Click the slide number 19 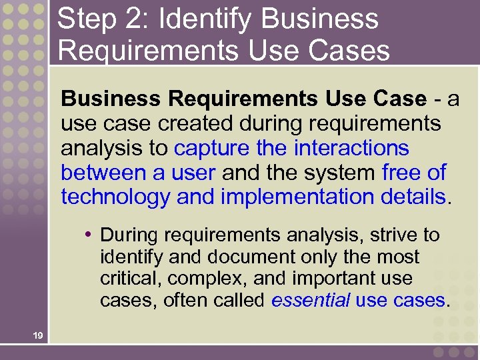pyautogui.click(x=37, y=336)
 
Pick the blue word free pyautogui.click(x=402, y=173)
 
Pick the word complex pyautogui.click(x=195, y=279)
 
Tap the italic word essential pyautogui.click(x=310, y=301)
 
